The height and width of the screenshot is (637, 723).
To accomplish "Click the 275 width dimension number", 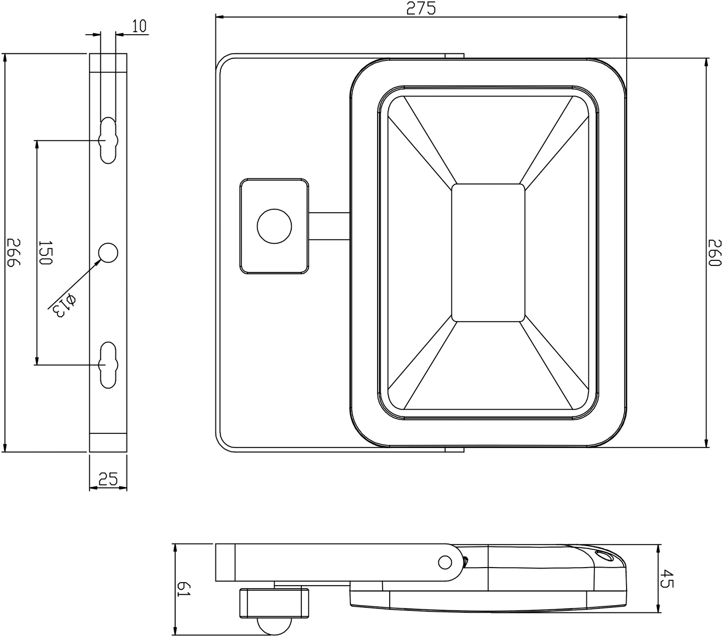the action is (x=421, y=8).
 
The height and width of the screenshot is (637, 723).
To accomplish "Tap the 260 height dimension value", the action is (x=714, y=253).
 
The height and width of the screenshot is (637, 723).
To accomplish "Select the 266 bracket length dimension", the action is (x=14, y=252).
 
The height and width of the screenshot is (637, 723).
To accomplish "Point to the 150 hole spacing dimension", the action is (x=45, y=252).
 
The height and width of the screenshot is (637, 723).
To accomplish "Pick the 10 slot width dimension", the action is (x=139, y=26).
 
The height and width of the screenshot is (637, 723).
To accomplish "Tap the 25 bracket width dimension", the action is (x=108, y=479).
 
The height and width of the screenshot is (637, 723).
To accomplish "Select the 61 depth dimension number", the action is (x=184, y=588).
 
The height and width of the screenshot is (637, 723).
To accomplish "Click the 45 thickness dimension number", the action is (x=666, y=579).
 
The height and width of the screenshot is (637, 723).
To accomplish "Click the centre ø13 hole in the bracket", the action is (x=108, y=253).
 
